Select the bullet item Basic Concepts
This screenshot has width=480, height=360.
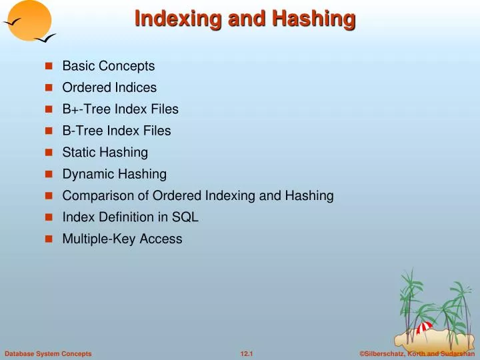point(108,66)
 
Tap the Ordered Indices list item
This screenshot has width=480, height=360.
point(109,87)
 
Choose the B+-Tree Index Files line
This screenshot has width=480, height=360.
point(120,109)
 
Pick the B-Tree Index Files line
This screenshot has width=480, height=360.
point(116,131)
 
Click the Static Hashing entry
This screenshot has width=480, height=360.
point(105,153)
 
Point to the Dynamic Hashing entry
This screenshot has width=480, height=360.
point(114,174)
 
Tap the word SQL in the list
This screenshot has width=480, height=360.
point(186,217)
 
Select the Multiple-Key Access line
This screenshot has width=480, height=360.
point(122,239)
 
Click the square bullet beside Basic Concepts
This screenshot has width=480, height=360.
point(49,67)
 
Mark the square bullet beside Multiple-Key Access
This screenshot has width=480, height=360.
point(49,239)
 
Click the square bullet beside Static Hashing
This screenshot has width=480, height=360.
point(49,153)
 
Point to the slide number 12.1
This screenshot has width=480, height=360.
point(247,353)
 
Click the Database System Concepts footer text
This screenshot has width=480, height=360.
point(48,353)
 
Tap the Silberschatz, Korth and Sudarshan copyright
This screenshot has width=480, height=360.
point(417,353)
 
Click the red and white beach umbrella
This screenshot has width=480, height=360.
point(424,327)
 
